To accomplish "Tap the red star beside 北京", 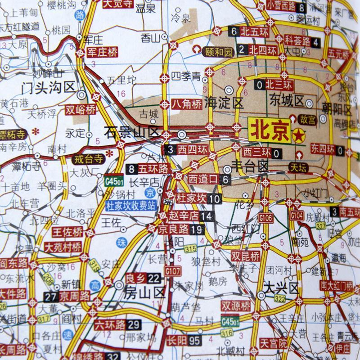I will click(x=297, y=135).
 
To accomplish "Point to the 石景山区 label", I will click(x=132, y=132).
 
